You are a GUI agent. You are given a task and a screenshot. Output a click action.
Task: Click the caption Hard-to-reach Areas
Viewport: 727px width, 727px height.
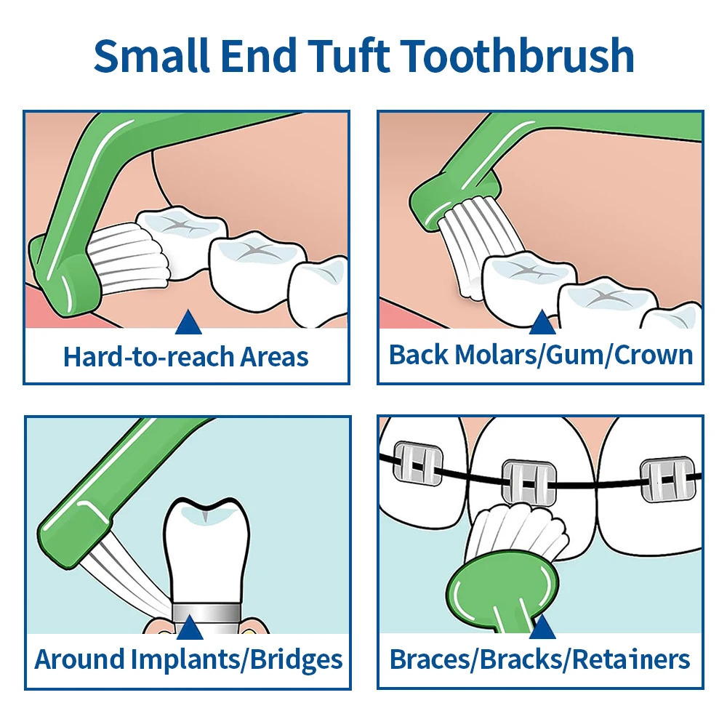(x=186, y=357)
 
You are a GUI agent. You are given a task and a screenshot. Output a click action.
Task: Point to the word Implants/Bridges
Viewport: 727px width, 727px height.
(x=237, y=659)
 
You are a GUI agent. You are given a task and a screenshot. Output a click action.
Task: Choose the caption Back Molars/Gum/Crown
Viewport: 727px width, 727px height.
(x=540, y=355)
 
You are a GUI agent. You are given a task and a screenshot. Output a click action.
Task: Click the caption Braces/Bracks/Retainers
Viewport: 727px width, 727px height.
(x=539, y=659)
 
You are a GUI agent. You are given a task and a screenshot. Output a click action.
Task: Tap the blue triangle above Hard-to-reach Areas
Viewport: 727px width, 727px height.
(x=188, y=322)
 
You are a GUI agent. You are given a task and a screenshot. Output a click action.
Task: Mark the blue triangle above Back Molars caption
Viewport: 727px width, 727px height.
(x=541, y=322)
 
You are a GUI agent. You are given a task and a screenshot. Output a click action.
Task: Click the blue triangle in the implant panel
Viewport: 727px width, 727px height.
(x=189, y=627)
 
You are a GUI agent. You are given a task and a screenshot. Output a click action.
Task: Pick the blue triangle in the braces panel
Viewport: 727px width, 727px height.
(x=542, y=627)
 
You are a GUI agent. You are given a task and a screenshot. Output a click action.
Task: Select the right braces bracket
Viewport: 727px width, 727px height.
(x=667, y=480)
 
